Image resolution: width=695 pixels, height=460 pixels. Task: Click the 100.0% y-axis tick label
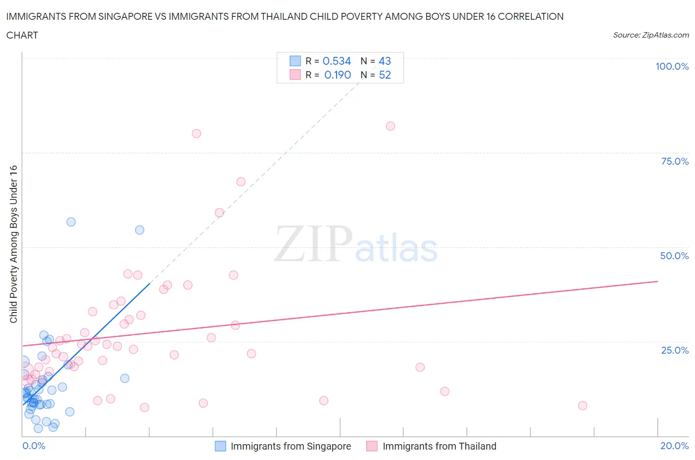[672, 66]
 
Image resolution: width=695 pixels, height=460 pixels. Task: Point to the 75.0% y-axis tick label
[675, 161]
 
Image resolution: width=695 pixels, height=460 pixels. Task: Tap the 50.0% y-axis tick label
[674, 256]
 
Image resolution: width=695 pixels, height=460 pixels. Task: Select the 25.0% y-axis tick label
[675, 350]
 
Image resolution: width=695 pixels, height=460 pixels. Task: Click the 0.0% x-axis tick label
[34, 446]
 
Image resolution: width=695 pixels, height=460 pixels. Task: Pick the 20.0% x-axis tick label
[674, 446]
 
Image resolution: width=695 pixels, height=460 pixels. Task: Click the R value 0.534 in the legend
[337, 61]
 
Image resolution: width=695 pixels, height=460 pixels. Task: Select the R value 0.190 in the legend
[338, 75]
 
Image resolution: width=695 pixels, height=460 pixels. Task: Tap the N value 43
[385, 61]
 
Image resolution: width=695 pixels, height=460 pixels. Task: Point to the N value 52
[385, 75]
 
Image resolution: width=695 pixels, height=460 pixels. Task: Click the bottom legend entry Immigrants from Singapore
[290, 446]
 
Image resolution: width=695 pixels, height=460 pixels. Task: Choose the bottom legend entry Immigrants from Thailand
[439, 446]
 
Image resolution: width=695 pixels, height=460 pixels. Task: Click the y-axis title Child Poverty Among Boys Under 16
[13, 244]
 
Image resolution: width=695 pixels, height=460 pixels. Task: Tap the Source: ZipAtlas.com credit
[651, 35]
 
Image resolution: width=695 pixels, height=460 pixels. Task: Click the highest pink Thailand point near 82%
[391, 126]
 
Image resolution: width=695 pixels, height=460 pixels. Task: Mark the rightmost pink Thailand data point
[582, 406]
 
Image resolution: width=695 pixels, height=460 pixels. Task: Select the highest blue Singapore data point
[71, 222]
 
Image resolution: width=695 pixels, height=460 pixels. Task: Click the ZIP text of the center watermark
[313, 243]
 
